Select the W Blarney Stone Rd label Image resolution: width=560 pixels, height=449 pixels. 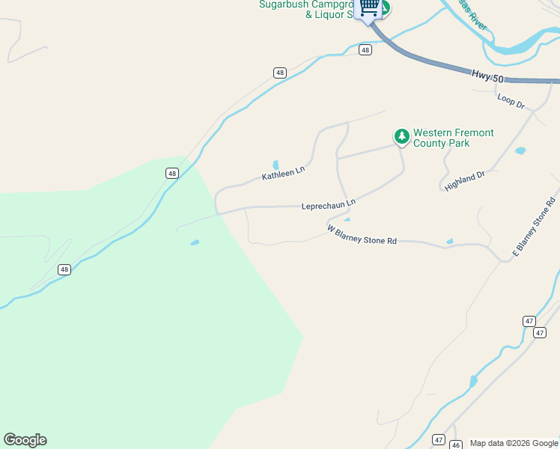(x=362, y=235)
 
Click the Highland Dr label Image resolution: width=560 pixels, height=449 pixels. (x=465, y=180)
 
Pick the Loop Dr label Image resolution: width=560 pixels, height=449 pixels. (x=511, y=100)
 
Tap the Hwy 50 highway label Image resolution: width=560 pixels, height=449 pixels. (x=488, y=76)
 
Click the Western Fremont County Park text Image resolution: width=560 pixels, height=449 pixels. (x=454, y=138)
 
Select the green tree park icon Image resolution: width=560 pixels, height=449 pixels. (x=402, y=135)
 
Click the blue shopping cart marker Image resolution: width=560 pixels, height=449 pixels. (x=368, y=7)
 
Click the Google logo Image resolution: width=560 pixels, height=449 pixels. (x=25, y=440)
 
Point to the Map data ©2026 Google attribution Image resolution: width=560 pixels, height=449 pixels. (x=514, y=443)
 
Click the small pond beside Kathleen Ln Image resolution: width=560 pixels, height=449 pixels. (x=276, y=165)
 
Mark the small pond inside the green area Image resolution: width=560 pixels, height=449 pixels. (x=195, y=242)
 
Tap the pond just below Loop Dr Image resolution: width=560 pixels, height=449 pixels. (x=520, y=150)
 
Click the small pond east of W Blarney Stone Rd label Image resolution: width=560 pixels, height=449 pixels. (x=449, y=241)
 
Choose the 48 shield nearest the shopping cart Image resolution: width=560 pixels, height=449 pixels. (x=365, y=50)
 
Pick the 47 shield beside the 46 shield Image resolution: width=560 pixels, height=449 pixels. (x=439, y=440)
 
